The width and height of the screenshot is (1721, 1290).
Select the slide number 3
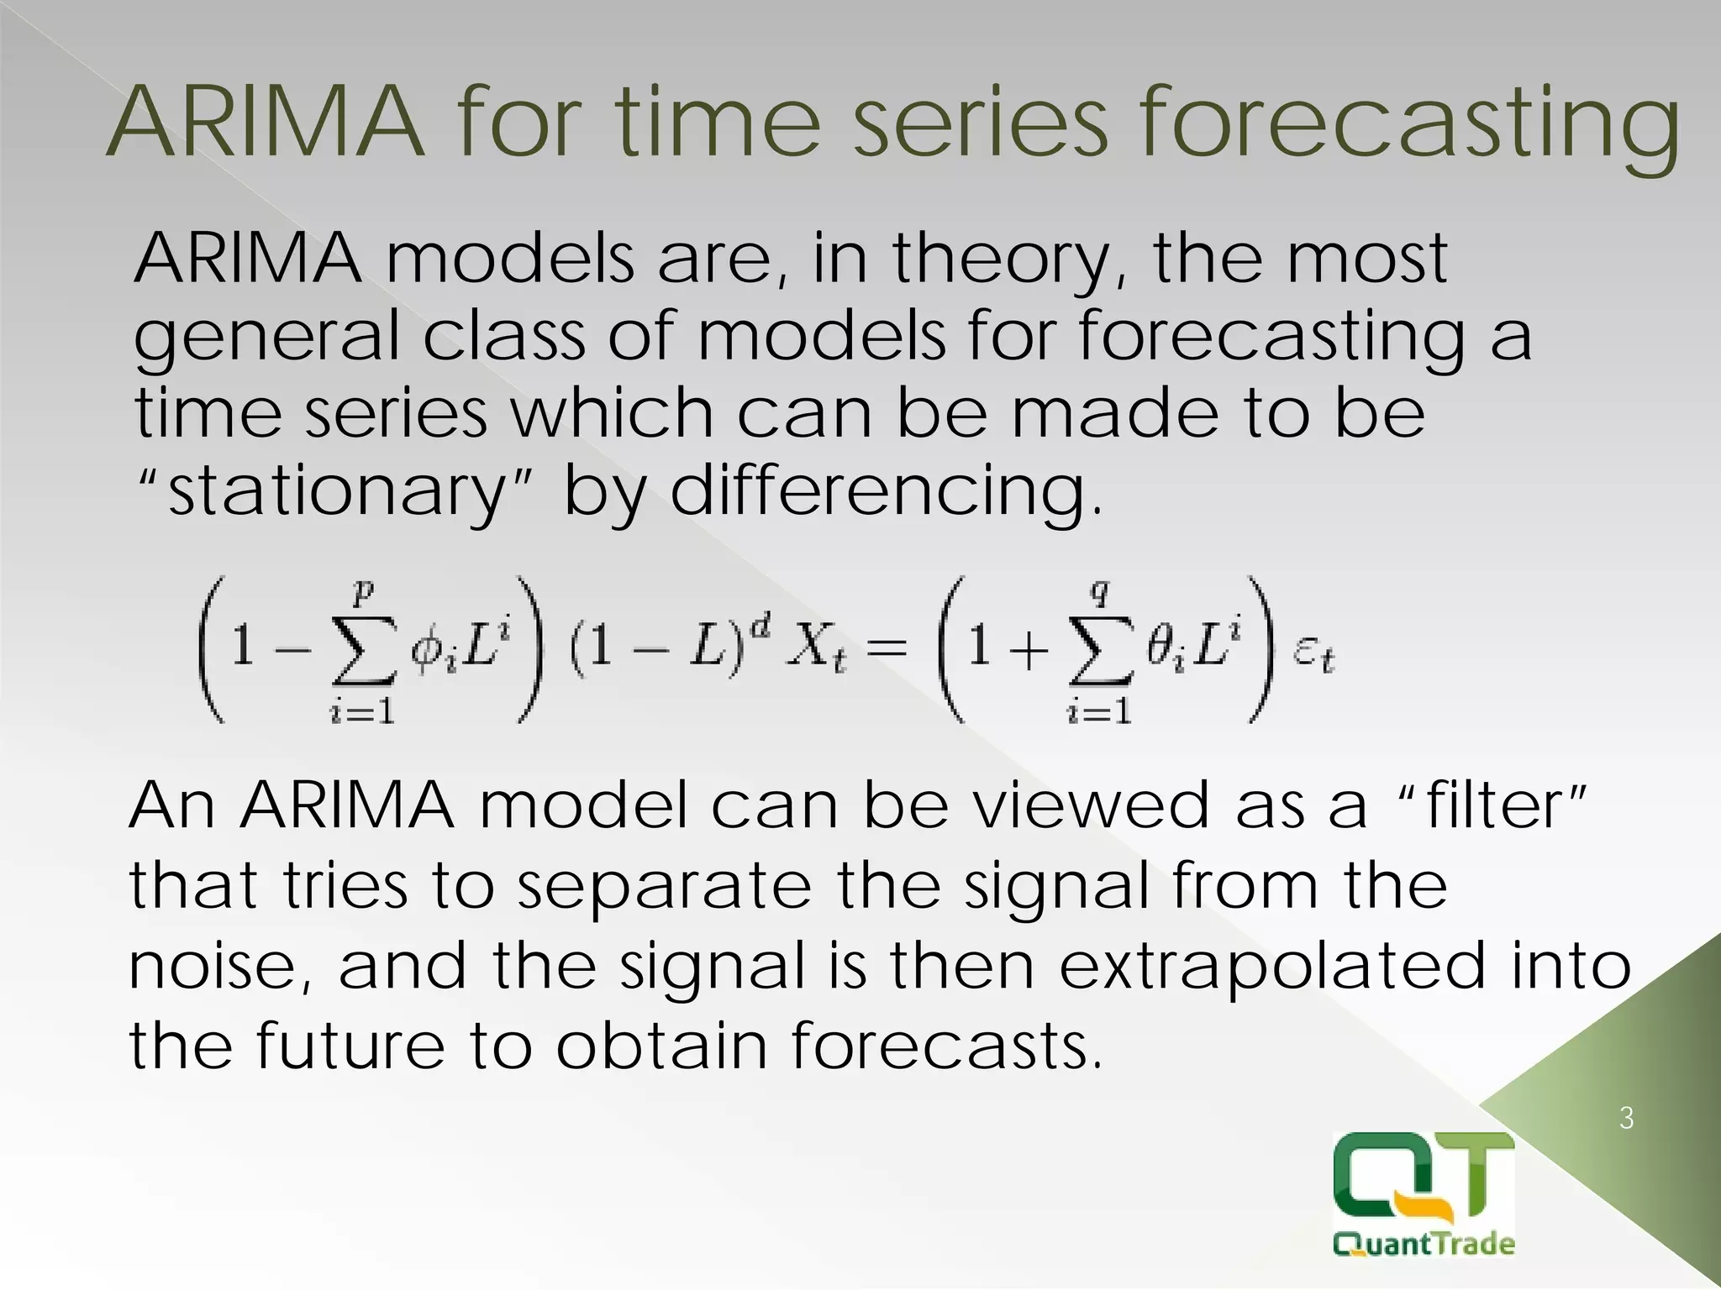click(1626, 1118)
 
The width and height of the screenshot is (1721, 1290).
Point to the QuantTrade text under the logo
click(1424, 1244)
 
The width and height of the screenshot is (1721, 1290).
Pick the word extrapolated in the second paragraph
click(1271, 966)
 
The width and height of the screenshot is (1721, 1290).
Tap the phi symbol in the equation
click(428, 648)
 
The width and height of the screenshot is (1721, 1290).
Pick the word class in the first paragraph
click(503, 336)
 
